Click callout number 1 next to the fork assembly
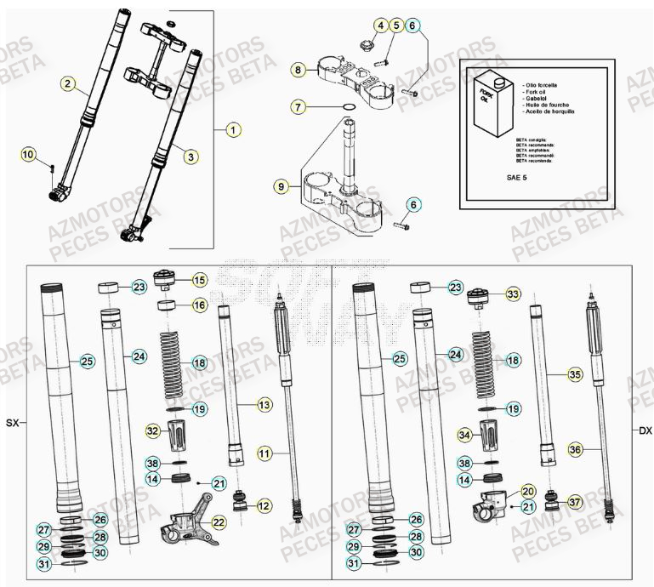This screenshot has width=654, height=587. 231,130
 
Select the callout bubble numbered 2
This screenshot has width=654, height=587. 67,83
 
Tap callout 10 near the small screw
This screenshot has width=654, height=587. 29,155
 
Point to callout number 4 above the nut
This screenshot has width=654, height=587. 380,26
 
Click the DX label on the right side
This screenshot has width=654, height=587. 645,431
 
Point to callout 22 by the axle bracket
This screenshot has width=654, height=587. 219,521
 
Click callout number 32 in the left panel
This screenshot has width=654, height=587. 152,431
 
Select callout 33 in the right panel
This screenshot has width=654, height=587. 512,294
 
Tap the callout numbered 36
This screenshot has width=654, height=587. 599,450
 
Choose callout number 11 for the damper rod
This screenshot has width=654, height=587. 264,454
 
